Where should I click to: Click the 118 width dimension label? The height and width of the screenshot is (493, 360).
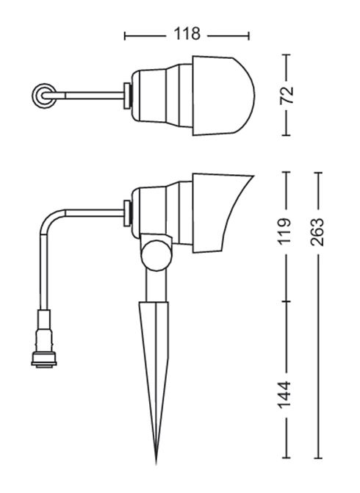coord(187,34)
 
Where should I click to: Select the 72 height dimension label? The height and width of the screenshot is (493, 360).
coord(287,95)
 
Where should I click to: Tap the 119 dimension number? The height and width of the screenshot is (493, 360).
coord(286,231)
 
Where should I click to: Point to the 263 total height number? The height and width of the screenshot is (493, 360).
coord(317,231)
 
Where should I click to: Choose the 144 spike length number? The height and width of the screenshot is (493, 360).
coord(284,395)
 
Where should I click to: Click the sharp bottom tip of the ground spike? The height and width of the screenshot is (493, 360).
coord(156,464)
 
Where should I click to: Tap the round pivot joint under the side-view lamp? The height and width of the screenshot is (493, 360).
coord(156,255)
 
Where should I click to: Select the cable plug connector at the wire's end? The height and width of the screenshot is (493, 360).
coord(44,338)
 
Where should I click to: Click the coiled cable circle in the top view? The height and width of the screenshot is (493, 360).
coord(44,96)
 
